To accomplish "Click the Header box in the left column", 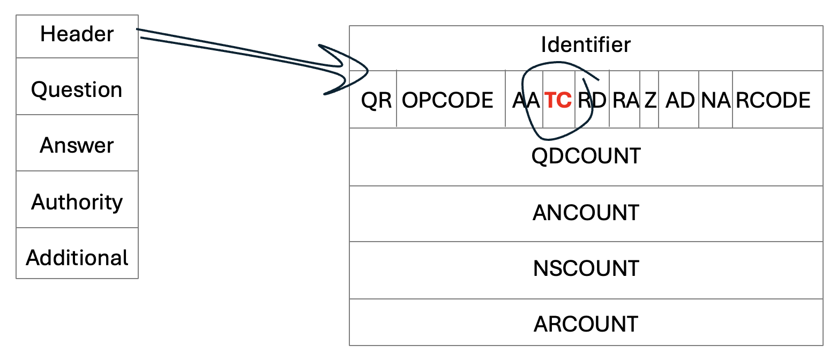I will pos(77,35).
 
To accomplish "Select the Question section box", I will pos(77,89).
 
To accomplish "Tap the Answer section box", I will pos(77,145).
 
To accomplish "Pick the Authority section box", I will pos(77,201).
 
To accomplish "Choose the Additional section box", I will pos(77,258).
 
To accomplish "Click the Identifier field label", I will pos(586,44).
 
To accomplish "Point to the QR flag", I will pos(376,100).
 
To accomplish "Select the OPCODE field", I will pos(447,100).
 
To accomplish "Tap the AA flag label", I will pos(526,100).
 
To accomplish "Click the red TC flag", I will pos(558,100).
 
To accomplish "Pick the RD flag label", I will pos(592,100).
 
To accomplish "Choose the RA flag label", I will pos(625,100).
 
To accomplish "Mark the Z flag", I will pos(650,100).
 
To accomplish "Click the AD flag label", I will pos(679,100).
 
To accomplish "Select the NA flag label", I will pos(716,100).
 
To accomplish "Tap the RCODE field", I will pos(773,100).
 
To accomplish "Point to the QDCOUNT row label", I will pos(586,156).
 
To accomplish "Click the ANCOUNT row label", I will pos(586,213).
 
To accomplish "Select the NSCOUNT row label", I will pos(586,268).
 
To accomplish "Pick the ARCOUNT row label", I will pos(586,324).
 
